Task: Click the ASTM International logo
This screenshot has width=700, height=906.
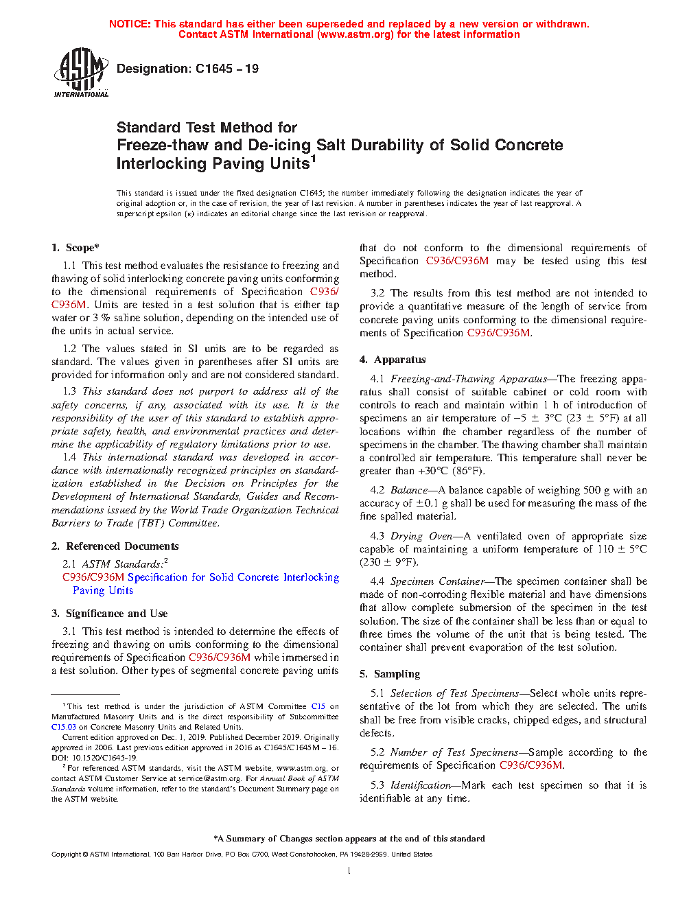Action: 81,72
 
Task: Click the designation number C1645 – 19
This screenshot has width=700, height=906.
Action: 226,69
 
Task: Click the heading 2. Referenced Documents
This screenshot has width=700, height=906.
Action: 115,546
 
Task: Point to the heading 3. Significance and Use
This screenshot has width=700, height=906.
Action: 110,614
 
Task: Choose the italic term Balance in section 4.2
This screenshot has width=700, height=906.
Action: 409,490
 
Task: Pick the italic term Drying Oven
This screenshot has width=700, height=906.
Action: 421,536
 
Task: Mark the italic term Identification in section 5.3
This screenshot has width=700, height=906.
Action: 421,785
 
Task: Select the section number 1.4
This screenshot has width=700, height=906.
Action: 69,457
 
